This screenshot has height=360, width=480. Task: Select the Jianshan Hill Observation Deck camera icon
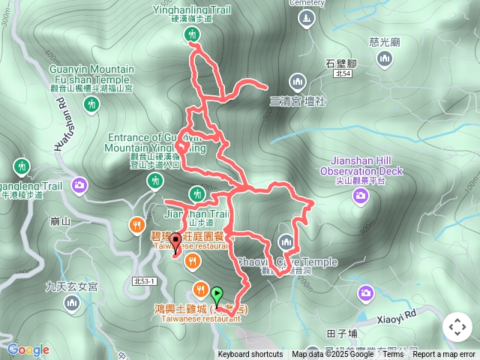[361, 196]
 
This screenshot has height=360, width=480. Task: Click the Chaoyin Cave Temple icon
[285, 241]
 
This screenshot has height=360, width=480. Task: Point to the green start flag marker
[217, 294]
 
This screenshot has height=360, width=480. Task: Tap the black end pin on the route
[175, 241]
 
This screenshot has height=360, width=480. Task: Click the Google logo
[28, 349]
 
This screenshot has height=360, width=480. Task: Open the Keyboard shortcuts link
[250, 355]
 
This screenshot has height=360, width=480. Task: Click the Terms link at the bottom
[393, 355]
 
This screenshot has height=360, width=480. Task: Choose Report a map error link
[444, 355]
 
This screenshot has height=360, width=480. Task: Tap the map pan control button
[457, 327]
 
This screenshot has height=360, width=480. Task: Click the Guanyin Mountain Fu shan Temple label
[91, 74]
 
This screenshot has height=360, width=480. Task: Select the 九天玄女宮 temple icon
[71, 302]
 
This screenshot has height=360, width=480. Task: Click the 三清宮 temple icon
[297, 81]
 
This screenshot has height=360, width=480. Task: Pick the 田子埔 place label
[342, 332]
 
